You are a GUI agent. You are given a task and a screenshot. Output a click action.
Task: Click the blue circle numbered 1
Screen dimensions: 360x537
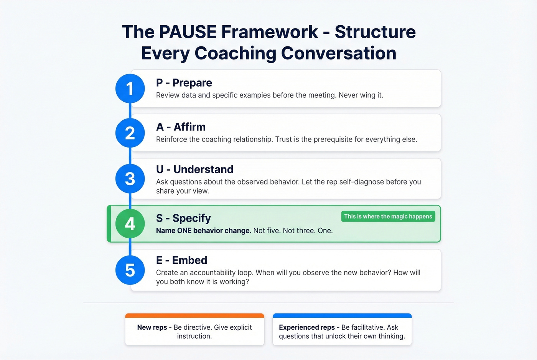[130, 89]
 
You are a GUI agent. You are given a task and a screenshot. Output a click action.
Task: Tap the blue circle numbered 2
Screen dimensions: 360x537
[130, 133]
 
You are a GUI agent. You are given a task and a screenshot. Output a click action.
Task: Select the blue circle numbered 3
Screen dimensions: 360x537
[130, 179]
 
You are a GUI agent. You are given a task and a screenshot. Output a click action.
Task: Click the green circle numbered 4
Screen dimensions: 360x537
[130, 224]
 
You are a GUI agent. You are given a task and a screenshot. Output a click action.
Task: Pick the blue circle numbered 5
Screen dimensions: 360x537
[130, 270]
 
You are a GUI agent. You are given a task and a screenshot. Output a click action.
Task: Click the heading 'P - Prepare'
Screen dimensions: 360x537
[184, 83]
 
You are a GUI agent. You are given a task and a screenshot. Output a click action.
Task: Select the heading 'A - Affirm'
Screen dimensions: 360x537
[181, 127]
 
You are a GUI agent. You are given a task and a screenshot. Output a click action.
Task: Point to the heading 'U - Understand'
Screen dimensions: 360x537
[194, 169]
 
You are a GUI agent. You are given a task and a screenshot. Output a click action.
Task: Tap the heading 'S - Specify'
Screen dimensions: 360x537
[183, 218]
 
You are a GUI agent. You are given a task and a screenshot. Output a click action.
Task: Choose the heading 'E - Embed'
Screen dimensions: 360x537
[181, 260]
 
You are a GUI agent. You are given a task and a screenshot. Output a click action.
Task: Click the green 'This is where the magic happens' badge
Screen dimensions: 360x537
[388, 217]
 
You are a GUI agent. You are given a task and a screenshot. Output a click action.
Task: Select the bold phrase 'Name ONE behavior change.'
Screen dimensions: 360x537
[203, 231]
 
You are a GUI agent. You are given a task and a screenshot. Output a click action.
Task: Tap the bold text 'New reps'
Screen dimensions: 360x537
[152, 327]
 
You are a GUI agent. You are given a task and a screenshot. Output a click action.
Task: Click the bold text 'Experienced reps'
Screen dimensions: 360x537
[306, 327]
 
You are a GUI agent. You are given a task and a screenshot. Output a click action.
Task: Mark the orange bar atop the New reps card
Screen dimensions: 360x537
[194, 316]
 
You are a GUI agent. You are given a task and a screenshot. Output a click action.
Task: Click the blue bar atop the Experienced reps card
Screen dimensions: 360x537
[342, 316]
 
